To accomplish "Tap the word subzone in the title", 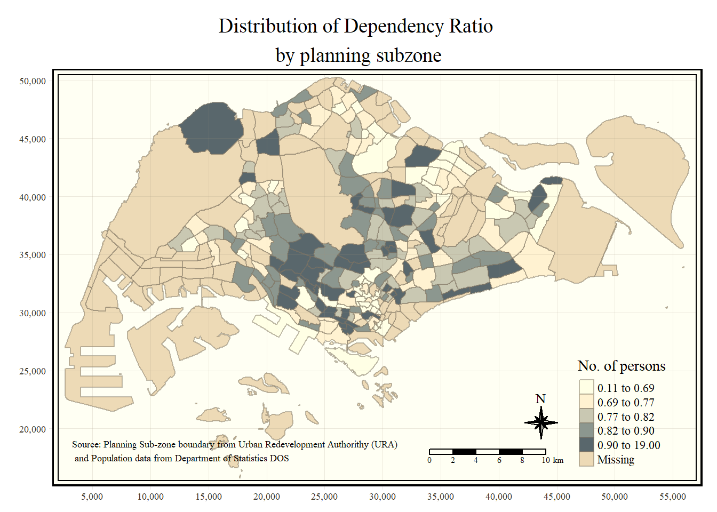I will click(409, 55).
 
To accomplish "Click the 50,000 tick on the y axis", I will click(33, 81).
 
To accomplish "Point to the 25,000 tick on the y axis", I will click(33, 371).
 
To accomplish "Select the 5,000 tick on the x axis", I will click(92, 497).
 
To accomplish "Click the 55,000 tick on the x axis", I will click(672, 497).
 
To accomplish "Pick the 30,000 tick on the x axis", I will click(382, 497).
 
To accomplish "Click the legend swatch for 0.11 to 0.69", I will click(586, 388).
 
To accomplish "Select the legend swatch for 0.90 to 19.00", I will click(586, 445).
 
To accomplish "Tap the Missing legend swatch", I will click(586, 459).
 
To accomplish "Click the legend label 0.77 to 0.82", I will click(625, 417).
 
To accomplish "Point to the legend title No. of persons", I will click(622, 366).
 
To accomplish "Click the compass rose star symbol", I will click(541, 423).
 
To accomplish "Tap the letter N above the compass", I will click(540, 399).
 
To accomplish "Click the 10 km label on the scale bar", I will click(552, 460).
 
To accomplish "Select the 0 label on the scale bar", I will click(429, 460).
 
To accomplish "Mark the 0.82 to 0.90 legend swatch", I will click(586, 430).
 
